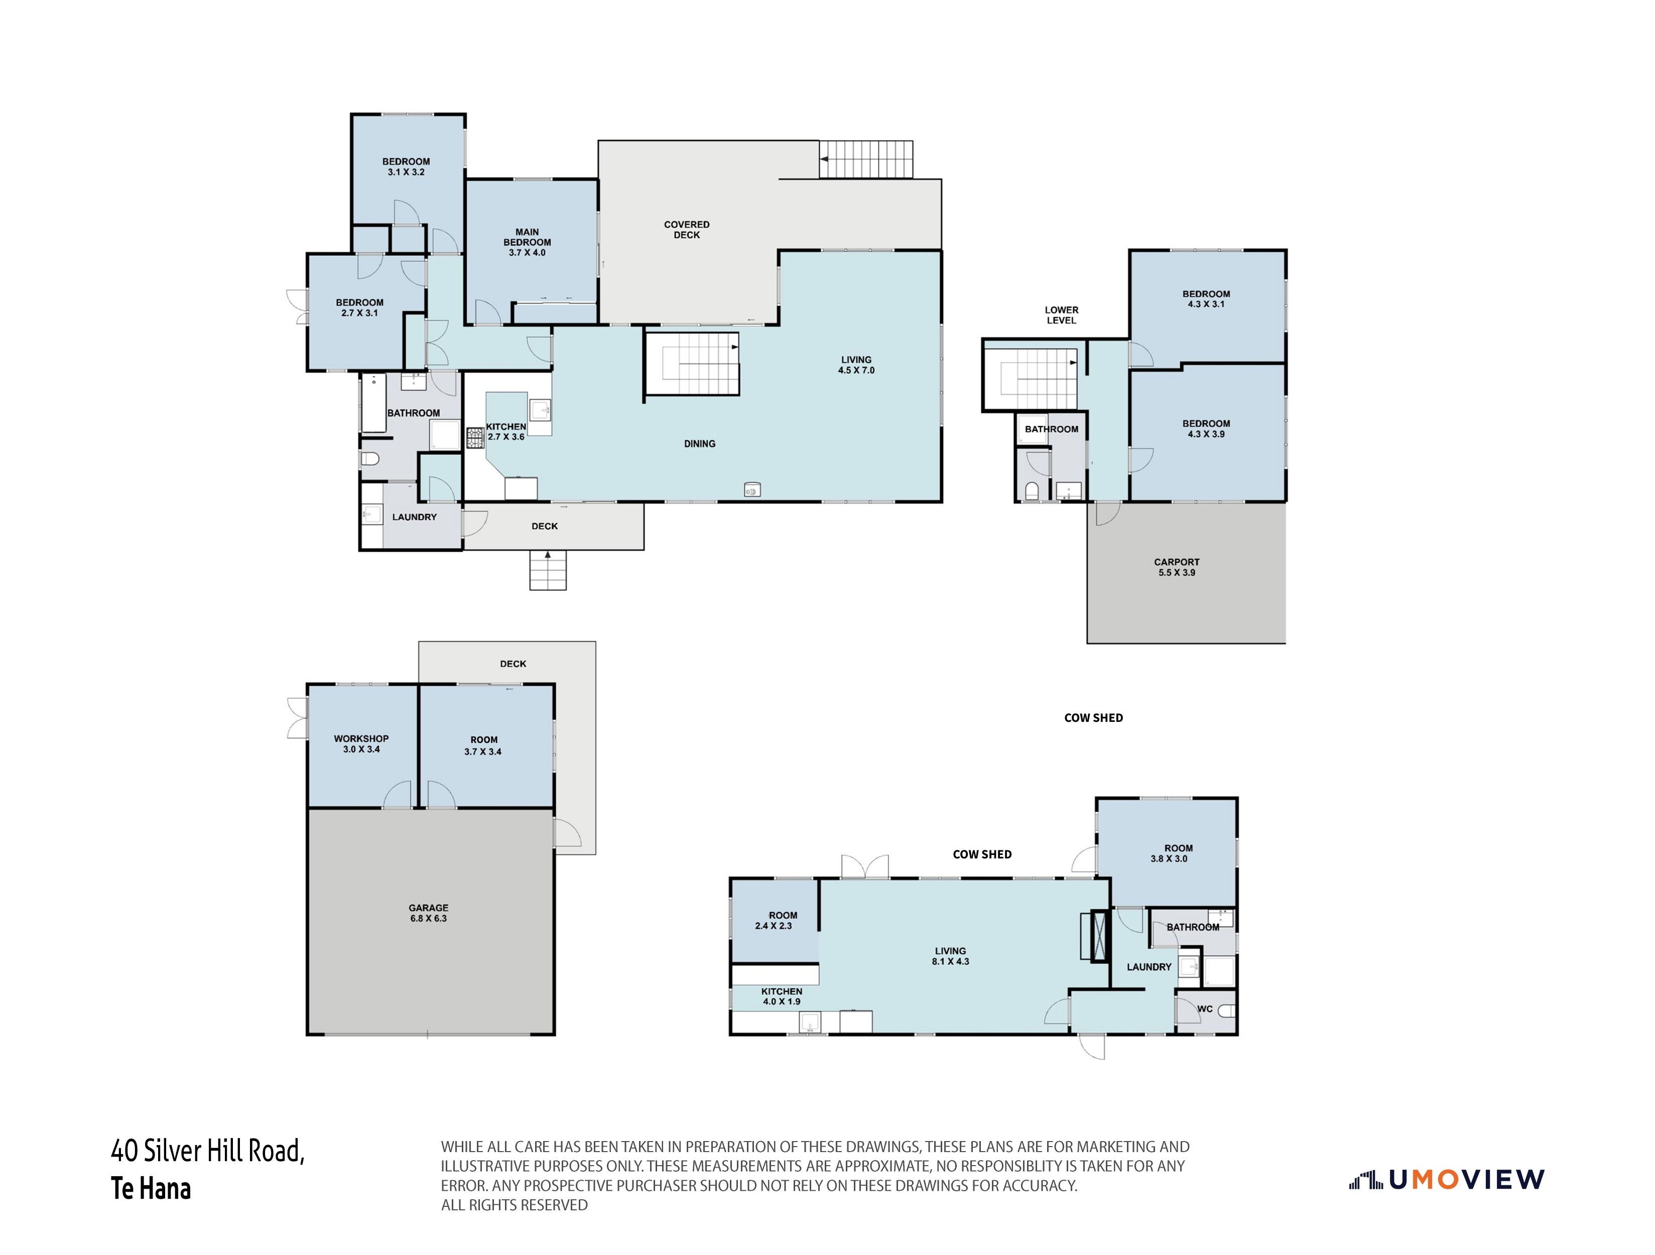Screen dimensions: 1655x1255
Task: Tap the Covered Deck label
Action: (687, 230)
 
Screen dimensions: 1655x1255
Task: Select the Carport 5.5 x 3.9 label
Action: (1177, 567)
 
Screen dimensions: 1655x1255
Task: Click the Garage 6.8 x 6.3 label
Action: (429, 913)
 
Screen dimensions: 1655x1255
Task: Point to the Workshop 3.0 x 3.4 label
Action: (361, 744)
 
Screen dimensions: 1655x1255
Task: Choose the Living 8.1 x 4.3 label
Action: (950, 956)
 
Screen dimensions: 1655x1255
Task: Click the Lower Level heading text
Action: (1062, 315)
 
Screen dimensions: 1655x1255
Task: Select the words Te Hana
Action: (151, 1188)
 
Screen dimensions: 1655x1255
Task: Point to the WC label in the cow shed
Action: (1205, 1009)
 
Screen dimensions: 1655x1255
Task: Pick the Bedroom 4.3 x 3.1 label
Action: (1206, 299)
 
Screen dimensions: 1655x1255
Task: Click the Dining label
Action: (700, 444)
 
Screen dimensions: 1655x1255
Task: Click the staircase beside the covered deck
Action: (866, 160)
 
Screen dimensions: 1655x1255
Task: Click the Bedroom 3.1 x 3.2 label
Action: (406, 167)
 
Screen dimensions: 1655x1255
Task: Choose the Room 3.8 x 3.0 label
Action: (1170, 853)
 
